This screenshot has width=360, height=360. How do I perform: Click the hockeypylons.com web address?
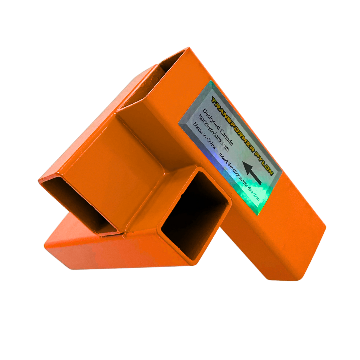(214, 133)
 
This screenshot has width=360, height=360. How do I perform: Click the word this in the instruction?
(245, 185)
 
